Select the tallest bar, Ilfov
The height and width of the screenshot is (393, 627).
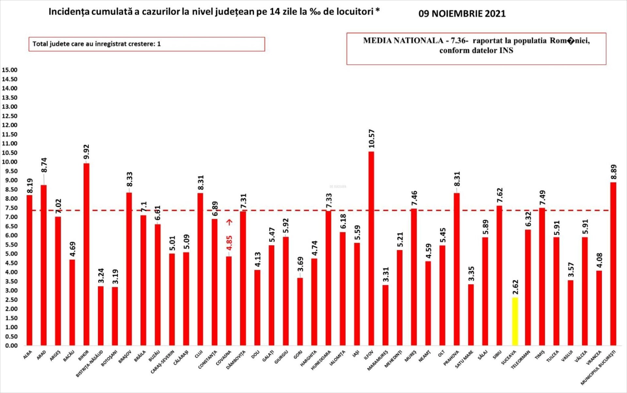[x=371, y=248]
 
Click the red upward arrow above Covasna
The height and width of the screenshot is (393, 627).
[x=230, y=222]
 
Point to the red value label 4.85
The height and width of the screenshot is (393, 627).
[x=230, y=243]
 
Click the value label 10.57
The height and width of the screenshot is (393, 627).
[x=372, y=139]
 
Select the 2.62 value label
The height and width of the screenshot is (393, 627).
[x=515, y=287]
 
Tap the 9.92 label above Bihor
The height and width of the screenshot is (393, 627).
[x=86, y=152]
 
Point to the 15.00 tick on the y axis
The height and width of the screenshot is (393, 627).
[x=9, y=70]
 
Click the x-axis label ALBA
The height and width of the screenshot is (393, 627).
[x=28, y=355]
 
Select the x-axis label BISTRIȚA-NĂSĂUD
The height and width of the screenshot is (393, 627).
[x=89, y=364]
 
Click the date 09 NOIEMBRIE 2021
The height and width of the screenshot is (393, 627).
[x=462, y=14]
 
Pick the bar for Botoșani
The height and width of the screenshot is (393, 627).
[x=115, y=316]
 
